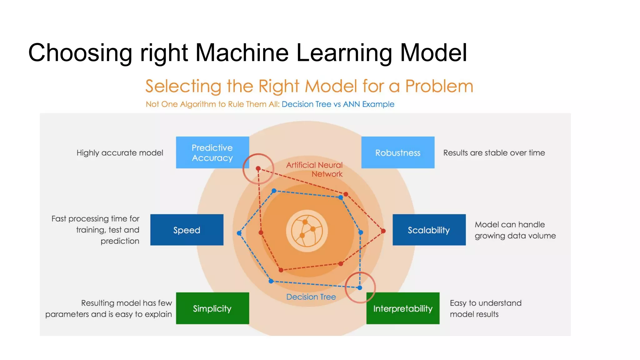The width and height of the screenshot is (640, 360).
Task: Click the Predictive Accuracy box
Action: pyautogui.click(x=212, y=152)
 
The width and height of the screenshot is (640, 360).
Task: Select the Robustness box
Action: pyautogui.click(x=397, y=152)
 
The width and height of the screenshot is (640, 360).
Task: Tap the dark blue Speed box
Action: pyautogui.click(x=187, y=230)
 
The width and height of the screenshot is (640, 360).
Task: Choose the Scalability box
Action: pyautogui.click(x=429, y=230)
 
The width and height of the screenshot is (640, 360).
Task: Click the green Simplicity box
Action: pyautogui.click(x=212, y=308)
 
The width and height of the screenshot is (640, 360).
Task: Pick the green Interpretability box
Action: pyautogui.click(x=402, y=308)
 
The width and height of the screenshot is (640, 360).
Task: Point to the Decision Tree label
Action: pyautogui.click(x=311, y=297)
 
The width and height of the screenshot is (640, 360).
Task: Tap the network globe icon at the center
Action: pyautogui.click(x=307, y=231)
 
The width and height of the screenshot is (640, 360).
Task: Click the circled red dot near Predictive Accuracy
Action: pyautogui.click(x=258, y=168)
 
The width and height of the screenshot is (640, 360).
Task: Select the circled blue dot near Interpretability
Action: pyautogui.click(x=360, y=287)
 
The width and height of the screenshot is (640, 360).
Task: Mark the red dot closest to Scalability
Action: pyautogui.click(x=383, y=231)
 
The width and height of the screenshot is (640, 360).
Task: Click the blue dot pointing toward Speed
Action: pyautogui.click(x=239, y=233)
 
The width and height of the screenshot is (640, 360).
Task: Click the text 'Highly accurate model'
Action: pyautogui.click(x=120, y=153)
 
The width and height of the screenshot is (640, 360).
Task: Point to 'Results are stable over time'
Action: pyautogui.click(x=494, y=153)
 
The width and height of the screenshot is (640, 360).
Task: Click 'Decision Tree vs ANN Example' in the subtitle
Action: pyautogui.click(x=338, y=104)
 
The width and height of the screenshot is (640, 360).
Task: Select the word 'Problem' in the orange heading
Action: pyautogui.click(x=439, y=86)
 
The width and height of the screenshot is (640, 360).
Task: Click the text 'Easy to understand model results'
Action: pyautogui.click(x=485, y=308)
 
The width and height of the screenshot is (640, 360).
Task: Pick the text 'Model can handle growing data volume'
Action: pyautogui.click(x=515, y=230)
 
